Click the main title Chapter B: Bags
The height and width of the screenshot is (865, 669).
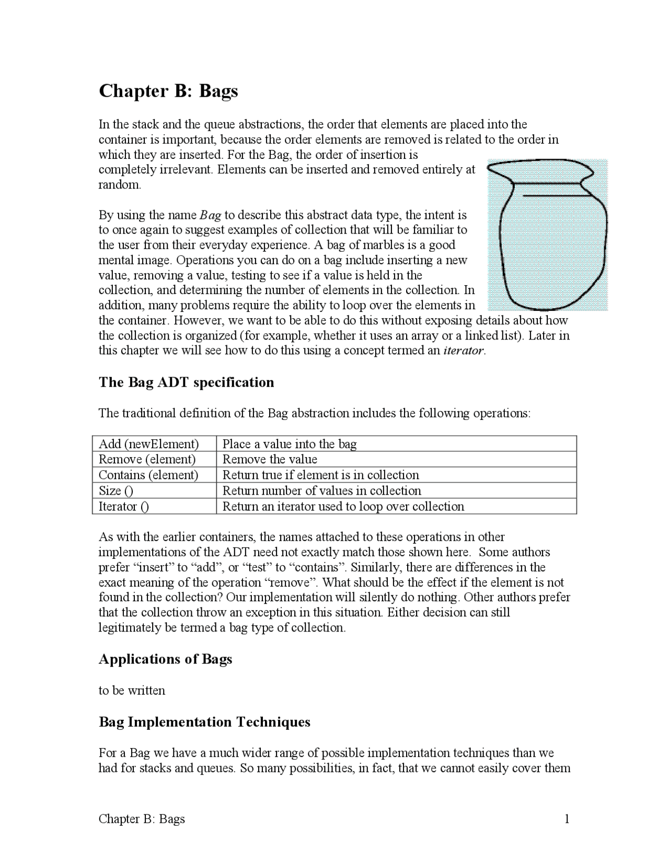[168, 91]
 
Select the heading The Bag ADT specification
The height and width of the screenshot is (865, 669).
[186, 382]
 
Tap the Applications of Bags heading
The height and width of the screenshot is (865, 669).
[165, 659]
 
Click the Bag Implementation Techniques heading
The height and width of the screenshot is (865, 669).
[204, 722]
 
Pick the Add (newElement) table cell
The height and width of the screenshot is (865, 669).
[149, 444]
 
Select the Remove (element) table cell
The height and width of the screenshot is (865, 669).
[147, 459]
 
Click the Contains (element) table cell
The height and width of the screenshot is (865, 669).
[148, 475]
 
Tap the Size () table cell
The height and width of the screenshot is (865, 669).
[116, 490]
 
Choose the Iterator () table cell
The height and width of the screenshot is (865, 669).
[124, 506]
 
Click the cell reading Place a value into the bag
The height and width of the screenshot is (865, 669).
[290, 444]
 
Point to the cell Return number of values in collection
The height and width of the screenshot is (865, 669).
[321, 490]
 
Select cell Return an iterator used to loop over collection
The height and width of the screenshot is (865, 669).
[343, 506]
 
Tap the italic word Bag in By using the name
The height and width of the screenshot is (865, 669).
[211, 215]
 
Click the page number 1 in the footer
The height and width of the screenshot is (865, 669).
[567, 819]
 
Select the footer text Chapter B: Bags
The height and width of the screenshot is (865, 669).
[142, 819]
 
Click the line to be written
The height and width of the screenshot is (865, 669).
[132, 691]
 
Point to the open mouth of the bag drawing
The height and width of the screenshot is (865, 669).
[538, 170]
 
